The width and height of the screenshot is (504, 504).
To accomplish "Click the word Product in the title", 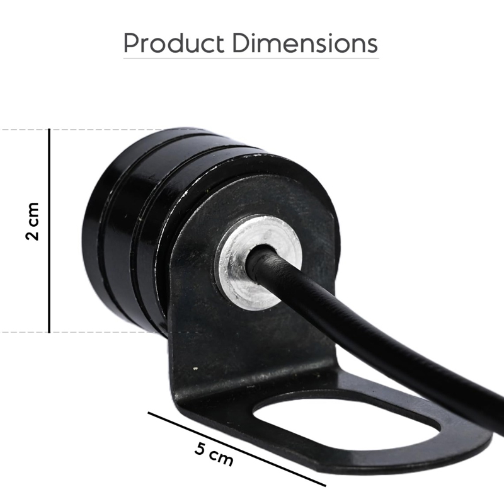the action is (x=174, y=43).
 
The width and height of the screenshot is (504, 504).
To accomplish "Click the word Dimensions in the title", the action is (x=305, y=43).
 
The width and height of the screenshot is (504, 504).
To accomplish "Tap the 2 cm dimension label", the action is (x=32, y=222).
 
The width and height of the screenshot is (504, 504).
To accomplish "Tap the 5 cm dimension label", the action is (x=214, y=454).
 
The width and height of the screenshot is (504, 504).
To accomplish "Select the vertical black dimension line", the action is (x=49, y=231).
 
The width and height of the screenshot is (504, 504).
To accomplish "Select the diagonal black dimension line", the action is (x=237, y=449).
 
